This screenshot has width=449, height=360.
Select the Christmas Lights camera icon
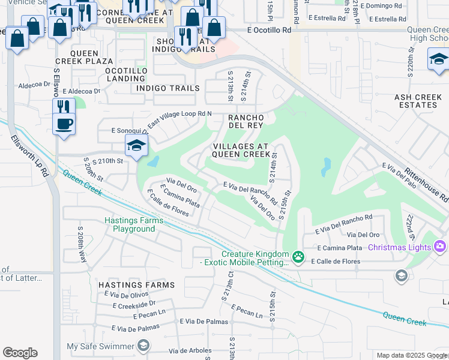(x=439, y=247)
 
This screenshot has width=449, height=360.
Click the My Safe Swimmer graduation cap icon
(x=143, y=345)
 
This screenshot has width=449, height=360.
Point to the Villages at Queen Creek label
(x=242, y=150)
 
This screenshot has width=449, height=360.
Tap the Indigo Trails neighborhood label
(x=168, y=88)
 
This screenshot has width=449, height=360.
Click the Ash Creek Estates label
(x=417, y=101)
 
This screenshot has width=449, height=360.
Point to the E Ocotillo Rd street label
(x=269, y=29)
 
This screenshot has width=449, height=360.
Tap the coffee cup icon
(x=64, y=124)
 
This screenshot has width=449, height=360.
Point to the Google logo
(x=20, y=353)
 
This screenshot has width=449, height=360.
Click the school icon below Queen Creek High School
(x=439, y=59)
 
